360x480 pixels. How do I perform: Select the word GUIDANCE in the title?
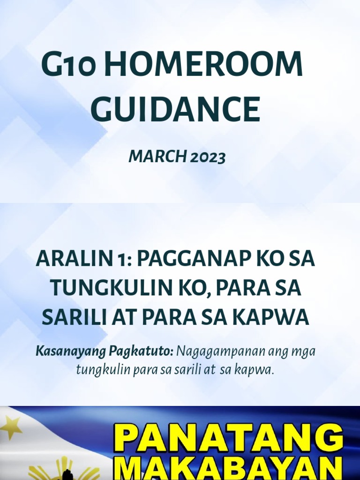coord(175,110)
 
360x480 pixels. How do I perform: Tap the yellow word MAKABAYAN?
coord(228,469)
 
